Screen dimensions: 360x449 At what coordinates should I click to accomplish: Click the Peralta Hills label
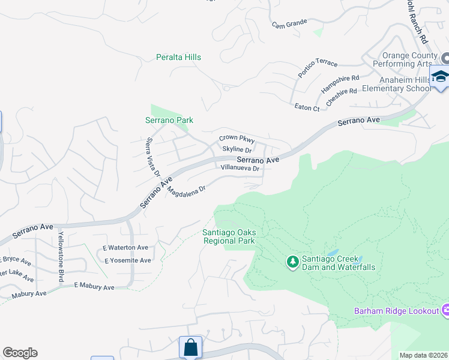(x=178, y=57)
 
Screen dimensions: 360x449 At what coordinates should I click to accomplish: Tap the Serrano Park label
(x=169, y=120)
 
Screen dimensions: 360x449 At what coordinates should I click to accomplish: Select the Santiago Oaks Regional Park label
(x=228, y=236)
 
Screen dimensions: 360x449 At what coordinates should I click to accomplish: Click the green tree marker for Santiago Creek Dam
(x=292, y=261)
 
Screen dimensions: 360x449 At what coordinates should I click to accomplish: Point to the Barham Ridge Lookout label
(x=396, y=311)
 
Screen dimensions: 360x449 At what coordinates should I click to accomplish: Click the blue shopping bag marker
(x=190, y=347)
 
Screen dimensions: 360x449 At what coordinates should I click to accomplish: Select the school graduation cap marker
(x=439, y=77)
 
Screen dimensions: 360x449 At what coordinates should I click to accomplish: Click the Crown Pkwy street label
(x=237, y=139)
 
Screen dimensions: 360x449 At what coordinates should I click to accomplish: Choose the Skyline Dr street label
(x=236, y=149)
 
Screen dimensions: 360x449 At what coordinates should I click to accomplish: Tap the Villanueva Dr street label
(x=240, y=169)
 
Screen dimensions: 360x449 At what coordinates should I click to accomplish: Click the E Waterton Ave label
(x=125, y=247)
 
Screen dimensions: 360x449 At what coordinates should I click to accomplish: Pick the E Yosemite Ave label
(x=127, y=260)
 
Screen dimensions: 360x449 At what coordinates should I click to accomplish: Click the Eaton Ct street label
(x=307, y=107)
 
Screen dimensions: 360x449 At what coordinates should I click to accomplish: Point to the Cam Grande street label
(x=289, y=23)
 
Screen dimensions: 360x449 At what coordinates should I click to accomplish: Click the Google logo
(x=20, y=353)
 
